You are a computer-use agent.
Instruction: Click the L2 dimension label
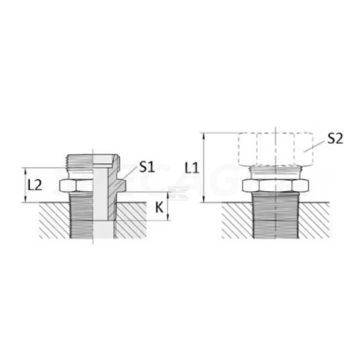pyautogui.click(x=32, y=184)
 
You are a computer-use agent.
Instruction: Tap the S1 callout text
pyautogui.click(x=147, y=168)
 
